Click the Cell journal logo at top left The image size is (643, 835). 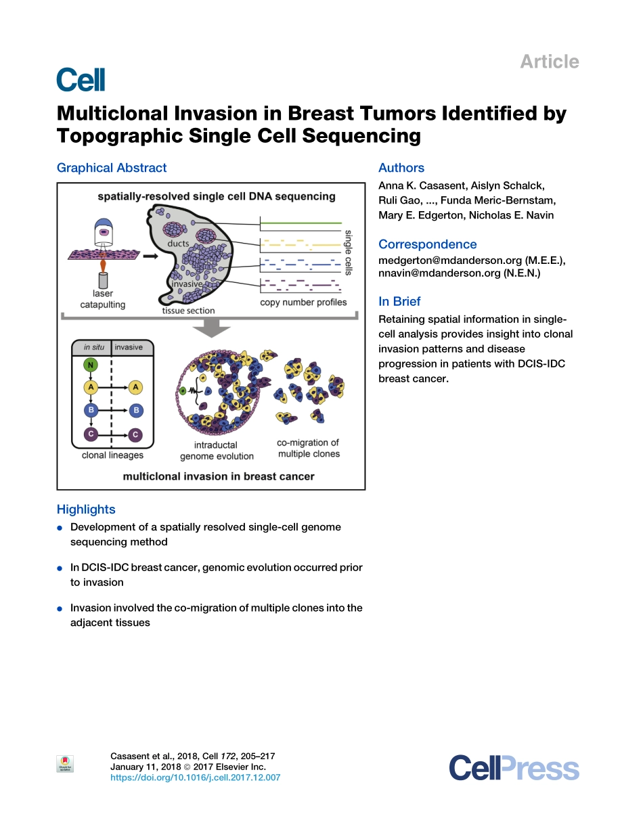[81, 79]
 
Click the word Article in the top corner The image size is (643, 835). [549, 62]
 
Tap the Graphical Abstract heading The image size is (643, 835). [111, 168]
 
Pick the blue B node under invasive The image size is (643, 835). [136, 410]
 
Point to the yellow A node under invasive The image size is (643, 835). [136, 387]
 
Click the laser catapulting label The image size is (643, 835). [103, 299]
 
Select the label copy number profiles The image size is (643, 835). [303, 302]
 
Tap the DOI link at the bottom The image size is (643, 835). [195, 777]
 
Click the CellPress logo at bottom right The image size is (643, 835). [514, 769]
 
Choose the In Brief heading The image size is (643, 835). [399, 302]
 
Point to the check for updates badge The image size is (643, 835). [65, 764]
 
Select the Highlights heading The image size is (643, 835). [86, 510]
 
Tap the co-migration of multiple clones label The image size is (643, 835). [308, 448]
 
